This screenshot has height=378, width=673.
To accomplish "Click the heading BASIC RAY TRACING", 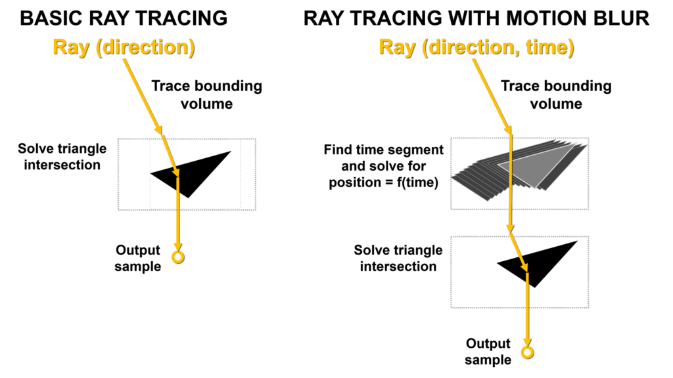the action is (x=124, y=18).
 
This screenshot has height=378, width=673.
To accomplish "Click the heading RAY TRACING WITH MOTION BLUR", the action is (x=476, y=18).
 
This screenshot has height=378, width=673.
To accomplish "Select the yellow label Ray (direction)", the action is (x=124, y=47).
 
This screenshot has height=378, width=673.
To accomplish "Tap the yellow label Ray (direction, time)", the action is (x=476, y=47).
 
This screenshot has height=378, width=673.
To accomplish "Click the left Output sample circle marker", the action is (x=178, y=253).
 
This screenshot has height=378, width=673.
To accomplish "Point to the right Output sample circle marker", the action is (x=528, y=348).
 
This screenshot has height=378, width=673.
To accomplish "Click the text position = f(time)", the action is (x=384, y=182).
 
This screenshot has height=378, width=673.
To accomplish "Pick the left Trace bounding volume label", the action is (x=206, y=94).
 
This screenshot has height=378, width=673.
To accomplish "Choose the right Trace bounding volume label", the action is (x=556, y=94).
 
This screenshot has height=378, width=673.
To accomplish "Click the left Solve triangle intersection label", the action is (x=62, y=157).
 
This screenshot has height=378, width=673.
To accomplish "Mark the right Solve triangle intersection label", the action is (x=398, y=258).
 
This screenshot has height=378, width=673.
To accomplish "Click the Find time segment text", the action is (x=384, y=150).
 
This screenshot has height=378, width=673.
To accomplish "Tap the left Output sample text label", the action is (x=138, y=258).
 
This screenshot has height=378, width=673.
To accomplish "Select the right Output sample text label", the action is (x=488, y=352).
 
